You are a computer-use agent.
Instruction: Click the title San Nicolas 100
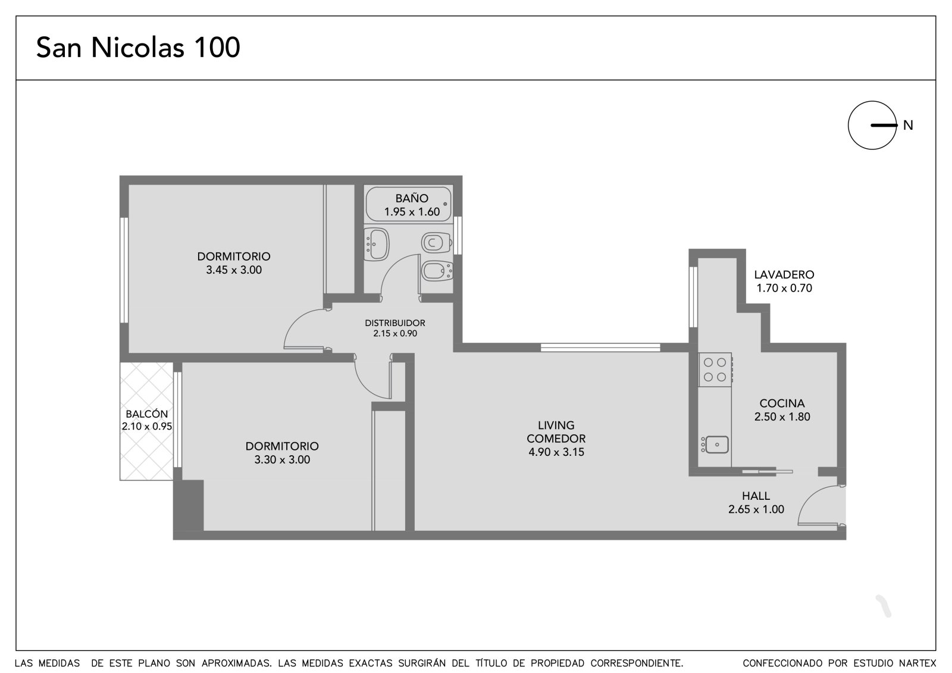(x=138, y=47)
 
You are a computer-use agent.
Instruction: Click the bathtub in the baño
(x=408, y=204)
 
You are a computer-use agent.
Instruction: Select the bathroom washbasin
(x=377, y=244)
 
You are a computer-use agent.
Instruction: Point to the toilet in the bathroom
(x=436, y=243)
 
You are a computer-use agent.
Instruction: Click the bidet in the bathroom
(x=437, y=270)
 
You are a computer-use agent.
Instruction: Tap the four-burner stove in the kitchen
(x=715, y=370)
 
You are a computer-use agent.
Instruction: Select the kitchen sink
(x=715, y=445)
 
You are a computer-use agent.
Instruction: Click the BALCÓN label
(x=146, y=414)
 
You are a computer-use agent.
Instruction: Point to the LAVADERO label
(x=784, y=275)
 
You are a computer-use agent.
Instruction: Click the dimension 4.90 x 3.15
(x=556, y=452)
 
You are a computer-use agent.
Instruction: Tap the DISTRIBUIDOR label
(x=395, y=323)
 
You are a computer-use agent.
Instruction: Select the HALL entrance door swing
(x=821, y=506)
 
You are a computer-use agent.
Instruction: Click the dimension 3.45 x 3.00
(x=234, y=270)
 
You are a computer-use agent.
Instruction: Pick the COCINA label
(x=782, y=403)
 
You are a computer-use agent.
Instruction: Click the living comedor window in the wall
(x=600, y=348)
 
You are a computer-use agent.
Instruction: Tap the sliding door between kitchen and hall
(x=767, y=471)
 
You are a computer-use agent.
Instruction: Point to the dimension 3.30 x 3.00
(x=282, y=459)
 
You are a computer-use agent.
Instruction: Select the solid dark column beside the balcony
(x=189, y=505)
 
